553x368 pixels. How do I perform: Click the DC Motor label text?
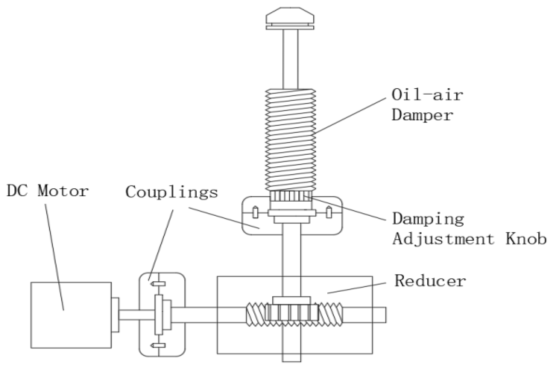(x=48, y=191)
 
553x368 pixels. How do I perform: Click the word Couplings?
(x=172, y=192)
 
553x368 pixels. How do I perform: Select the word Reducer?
(x=430, y=281)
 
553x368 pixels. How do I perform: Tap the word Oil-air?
(x=427, y=95)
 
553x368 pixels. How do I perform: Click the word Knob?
(x=526, y=239)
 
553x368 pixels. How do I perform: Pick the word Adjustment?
(x=443, y=239)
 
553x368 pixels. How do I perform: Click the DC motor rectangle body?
(x=71, y=315)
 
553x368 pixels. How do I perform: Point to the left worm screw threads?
(x=255, y=313)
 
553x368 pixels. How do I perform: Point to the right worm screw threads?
(x=330, y=313)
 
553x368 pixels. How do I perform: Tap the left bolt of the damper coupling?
(x=255, y=213)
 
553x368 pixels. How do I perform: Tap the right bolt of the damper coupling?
(x=328, y=213)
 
